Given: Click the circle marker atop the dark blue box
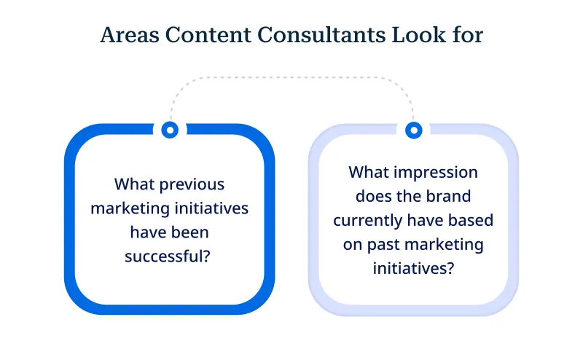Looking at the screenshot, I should (170, 130).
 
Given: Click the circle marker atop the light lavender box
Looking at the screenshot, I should (413, 130).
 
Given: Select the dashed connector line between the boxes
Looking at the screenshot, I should (291, 77).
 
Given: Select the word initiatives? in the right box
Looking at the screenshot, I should (413, 268).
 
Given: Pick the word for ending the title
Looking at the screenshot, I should (469, 36).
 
